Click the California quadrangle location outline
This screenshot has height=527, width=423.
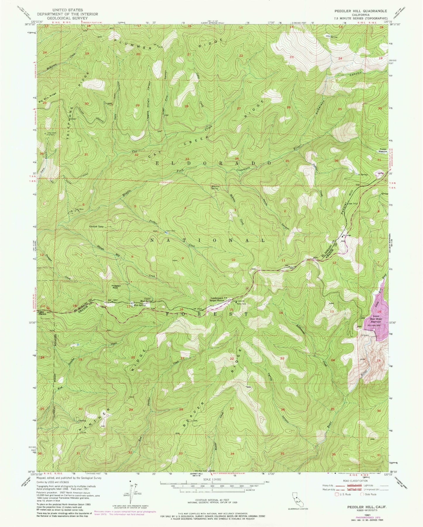click(296, 495)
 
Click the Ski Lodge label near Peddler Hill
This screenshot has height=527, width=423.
click(347, 235)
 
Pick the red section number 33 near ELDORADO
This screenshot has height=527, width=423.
click(187, 159)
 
